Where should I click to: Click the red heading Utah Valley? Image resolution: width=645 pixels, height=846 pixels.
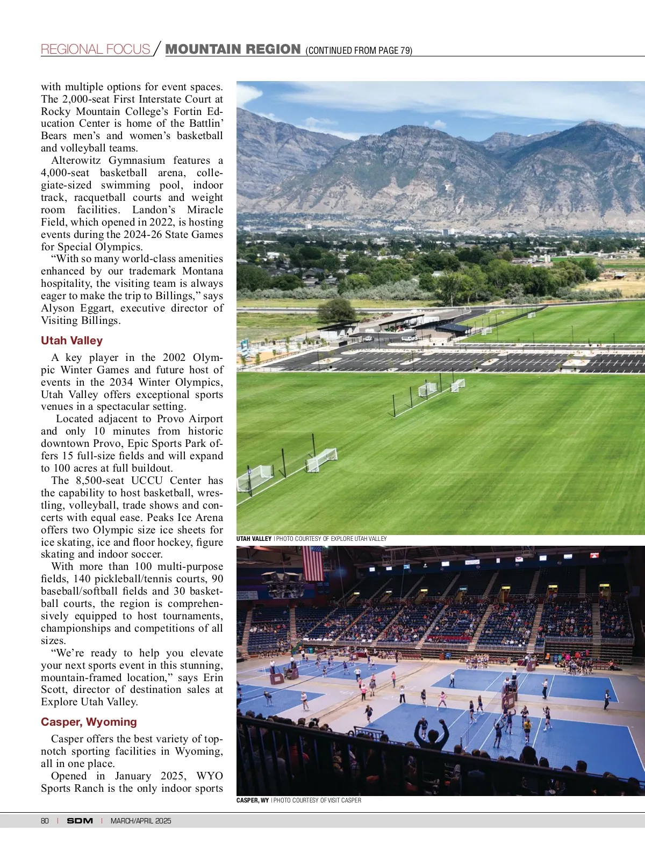coord(71,341)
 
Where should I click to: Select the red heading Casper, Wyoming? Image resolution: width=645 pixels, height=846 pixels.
coord(89,722)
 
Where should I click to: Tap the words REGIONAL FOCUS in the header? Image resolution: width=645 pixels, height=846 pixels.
coord(95,49)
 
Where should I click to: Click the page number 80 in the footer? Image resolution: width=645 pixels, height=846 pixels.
coord(45,821)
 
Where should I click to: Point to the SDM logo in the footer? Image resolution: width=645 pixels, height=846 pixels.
coord(80,821)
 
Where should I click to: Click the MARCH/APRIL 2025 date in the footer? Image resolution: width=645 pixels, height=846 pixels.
coord(141,821)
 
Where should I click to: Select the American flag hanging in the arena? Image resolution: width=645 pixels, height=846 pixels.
coord(313,563)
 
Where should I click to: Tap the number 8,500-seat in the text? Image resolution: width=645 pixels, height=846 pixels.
coord(100,481)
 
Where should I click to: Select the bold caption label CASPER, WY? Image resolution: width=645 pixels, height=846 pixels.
coord(253,800)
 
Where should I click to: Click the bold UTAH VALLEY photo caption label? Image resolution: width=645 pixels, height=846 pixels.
coord(254,539)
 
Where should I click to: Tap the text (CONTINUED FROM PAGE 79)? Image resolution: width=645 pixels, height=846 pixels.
coord(359,50)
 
